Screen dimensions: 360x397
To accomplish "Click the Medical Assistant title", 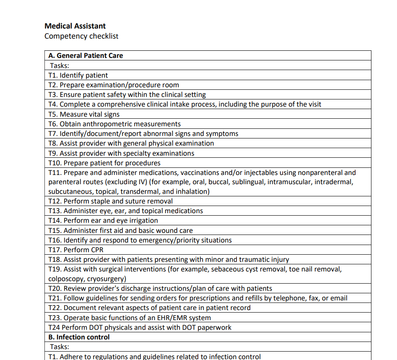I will (x=75, y=26).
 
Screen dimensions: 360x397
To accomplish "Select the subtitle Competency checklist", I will (x=81, y=36).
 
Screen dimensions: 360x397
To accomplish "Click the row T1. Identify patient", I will (x=78, y=76).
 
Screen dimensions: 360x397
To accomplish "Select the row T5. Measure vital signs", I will (x=84, y=114).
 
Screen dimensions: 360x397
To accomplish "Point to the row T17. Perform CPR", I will (x=76, y=250).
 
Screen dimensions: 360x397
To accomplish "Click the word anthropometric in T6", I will (x=107, y=124).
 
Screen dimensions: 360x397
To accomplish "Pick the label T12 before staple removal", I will (x=54, y=201).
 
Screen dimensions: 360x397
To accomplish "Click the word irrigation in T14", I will (x=143, y=221).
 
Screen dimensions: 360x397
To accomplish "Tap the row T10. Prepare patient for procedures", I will (x=104, y=163).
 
